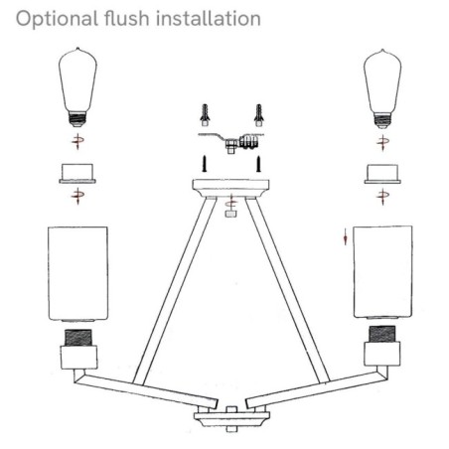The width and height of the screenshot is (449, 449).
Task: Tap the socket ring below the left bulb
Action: [x=75, y=175]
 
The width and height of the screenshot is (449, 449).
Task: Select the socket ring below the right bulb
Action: [x=381, y=175]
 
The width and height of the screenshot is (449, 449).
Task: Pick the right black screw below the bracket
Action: [x=257, y=160]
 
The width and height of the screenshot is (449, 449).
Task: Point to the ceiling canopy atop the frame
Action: [x=231, y=187]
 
